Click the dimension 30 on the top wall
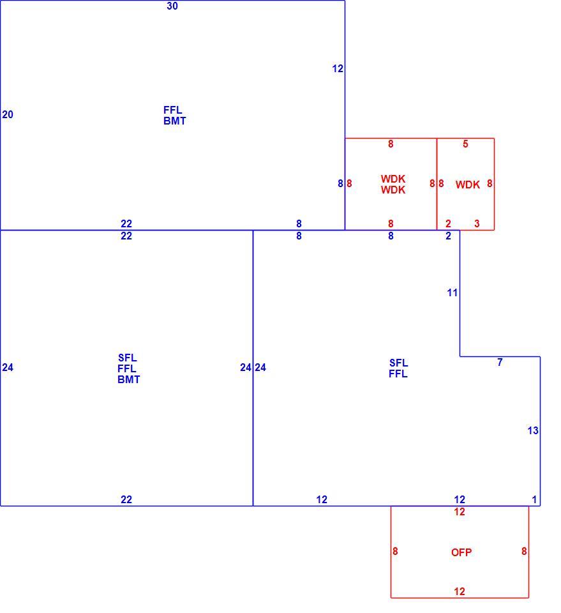tap(172, 6)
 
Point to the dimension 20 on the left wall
tap(8, 114)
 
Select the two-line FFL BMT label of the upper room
tap(174, 116)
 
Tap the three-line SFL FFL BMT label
tap(128, 368)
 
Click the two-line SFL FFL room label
tap(398, 368)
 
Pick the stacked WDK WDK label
tap(393, 184)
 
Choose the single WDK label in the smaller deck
tap(468, 185)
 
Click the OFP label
tap(461, 552)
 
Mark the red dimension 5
tap(465, 144)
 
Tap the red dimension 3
tap(477, 223)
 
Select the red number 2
tap(448, 223)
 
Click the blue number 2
tap(448, 236)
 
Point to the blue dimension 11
tap(452, 292)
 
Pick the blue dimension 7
tap(500, 363)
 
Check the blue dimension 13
tap(533, 430)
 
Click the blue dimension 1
tap(534, 499)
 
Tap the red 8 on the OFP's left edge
tap(395, 551)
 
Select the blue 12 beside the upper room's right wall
tap(338, 69)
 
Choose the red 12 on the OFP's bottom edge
tap(460, 591)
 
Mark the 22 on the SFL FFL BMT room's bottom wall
tap(126, 499)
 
